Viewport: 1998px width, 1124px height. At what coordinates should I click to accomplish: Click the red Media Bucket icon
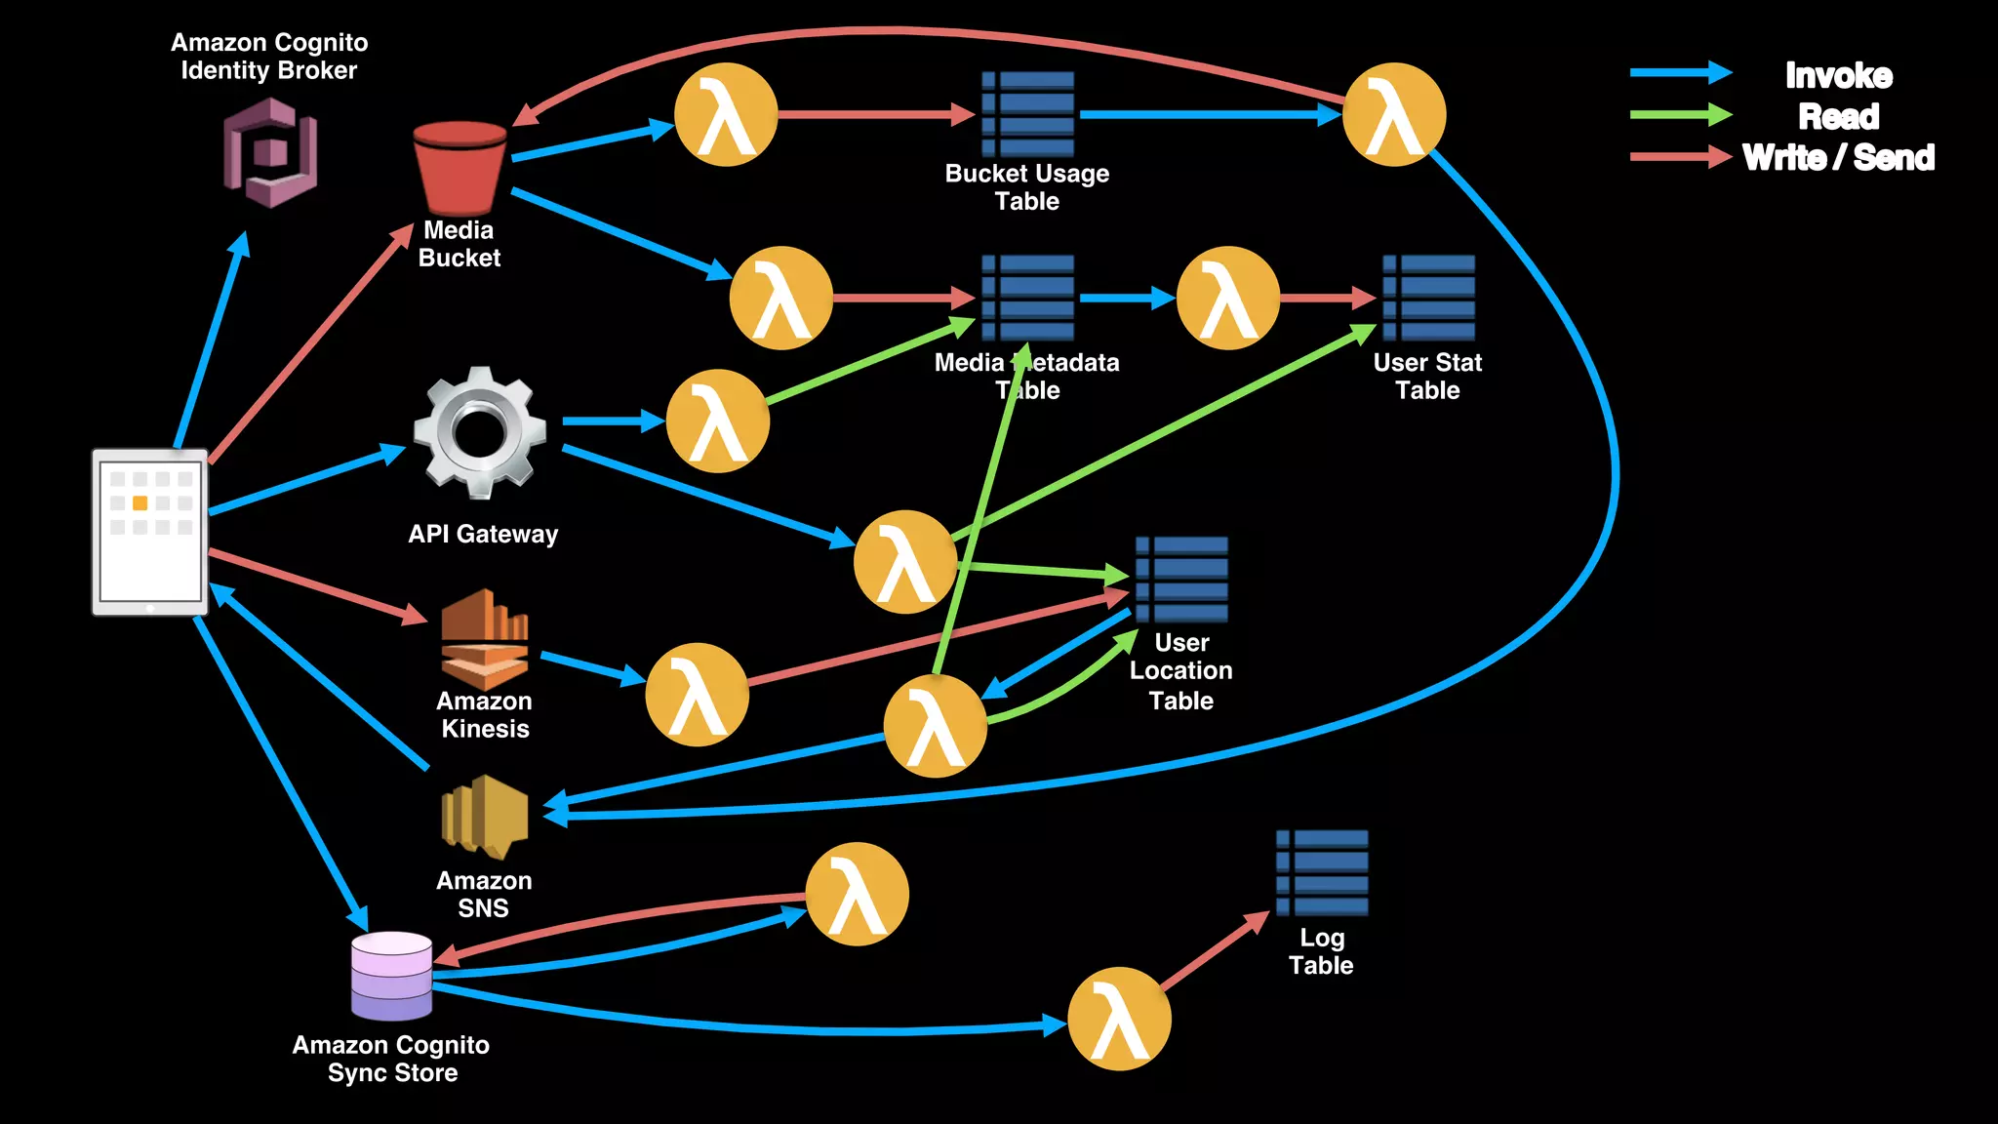tap(460, 168)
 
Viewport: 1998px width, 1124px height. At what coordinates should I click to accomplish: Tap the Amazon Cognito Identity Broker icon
tap(270, 153)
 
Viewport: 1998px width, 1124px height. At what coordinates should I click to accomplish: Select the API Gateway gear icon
tap(479, 429)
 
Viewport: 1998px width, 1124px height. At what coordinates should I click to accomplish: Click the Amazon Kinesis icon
tap(484, 639)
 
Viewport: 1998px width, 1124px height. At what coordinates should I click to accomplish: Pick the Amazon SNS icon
tap(484, 817)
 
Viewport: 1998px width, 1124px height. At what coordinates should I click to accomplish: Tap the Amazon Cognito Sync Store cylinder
tap(391, 976)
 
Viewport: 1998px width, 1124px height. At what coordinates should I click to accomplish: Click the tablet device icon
tap(150, 532)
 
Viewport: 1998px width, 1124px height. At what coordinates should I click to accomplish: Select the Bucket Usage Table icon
tap(1028, 114)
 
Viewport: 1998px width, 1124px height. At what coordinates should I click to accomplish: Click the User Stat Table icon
tap(1428, 298)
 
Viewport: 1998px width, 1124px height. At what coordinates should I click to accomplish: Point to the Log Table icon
tap(1322, 872)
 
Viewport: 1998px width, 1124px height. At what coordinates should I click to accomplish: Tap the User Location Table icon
tap(1181, 579)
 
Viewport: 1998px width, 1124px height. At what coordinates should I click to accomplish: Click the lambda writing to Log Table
tap(1119, 1019)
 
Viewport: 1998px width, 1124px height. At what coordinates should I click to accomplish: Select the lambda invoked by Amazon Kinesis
tap(697, 694)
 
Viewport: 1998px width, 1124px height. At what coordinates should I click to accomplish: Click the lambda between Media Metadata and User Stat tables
tap(1227, 298)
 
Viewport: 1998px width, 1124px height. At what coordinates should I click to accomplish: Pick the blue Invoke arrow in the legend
tap(1680, 73)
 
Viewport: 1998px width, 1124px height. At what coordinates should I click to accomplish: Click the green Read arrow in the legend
tap(1680, 115)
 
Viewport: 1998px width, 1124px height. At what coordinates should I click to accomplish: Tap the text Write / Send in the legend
tap(1838, 157)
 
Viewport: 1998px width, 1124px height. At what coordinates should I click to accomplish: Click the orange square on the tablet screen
tap(140, 502)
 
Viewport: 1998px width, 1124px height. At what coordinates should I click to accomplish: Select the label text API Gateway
tap(483, 534)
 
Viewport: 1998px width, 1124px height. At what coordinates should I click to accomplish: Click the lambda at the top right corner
tap(1393, 114)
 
